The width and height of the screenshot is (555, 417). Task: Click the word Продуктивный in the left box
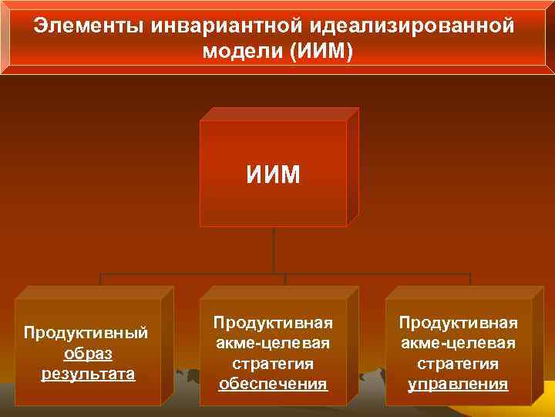tap(86, 333)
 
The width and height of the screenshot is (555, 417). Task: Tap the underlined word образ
tap(87, 354)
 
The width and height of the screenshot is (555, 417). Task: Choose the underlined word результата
tap(87, 375)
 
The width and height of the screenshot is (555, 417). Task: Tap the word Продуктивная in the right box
tap(458, 322)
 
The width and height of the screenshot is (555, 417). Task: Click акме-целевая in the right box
tap(458, 343)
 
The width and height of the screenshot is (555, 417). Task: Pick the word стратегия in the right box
tap(458, 363)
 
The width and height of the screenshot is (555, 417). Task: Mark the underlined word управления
tap(458, 384)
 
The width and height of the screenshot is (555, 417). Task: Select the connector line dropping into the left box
tap(100, 280)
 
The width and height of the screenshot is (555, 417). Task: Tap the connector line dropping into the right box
tap(470, 280)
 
